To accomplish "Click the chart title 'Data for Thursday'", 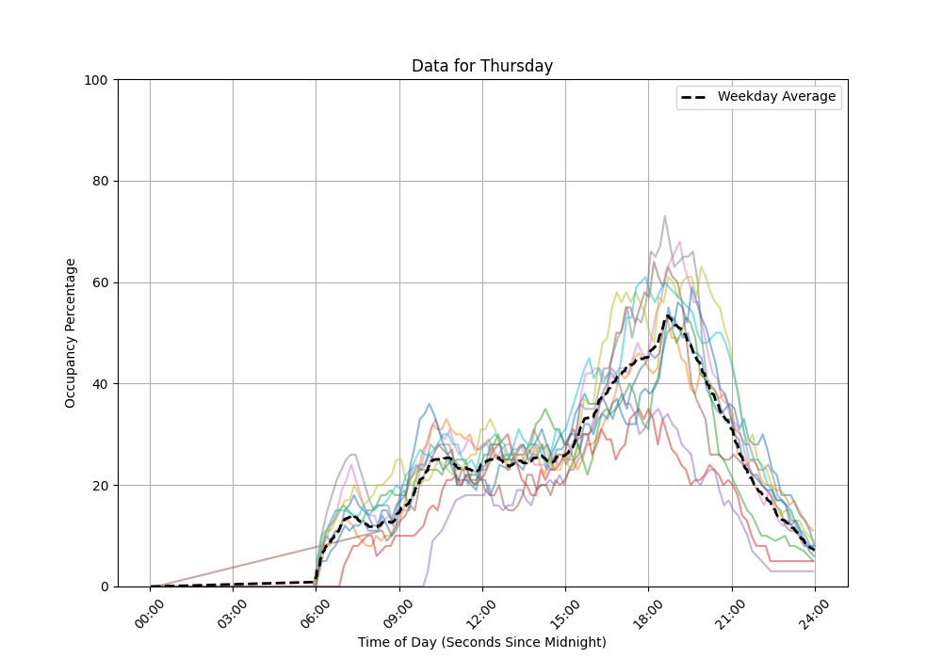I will tap(481, 66).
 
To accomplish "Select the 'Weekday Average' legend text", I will tap(776, 97).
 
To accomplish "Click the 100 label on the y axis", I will tap(97, 80).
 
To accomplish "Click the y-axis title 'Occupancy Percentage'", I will tap(71, 333).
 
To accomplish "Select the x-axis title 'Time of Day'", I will tap(481, 642).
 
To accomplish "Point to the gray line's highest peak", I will tap(664, 217).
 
